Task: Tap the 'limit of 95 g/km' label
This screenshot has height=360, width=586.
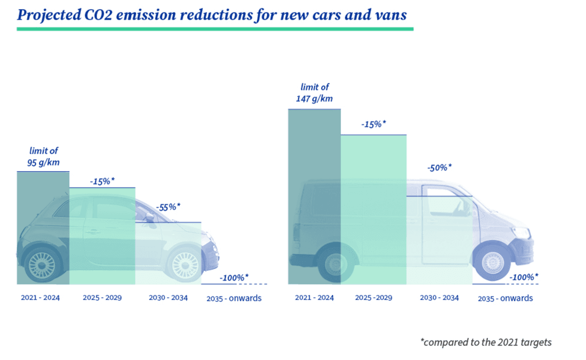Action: [x=43, y=156]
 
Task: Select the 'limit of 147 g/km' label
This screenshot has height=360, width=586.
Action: [x=314, y=93]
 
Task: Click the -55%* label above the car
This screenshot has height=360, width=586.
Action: [x=168, y=207]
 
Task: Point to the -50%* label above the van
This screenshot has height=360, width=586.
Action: [x=439, y=167]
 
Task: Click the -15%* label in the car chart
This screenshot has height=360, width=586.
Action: [x=102, y=180]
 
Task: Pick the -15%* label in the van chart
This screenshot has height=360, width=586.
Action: [x=373, y=124]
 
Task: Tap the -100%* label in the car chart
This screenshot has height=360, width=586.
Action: [x=234, y=277]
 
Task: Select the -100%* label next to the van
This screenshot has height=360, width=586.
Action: [x=524, y=277]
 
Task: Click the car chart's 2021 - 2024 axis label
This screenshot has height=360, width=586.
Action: [x=41, y=298]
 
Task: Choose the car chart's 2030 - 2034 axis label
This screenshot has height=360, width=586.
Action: [x=168, y=298]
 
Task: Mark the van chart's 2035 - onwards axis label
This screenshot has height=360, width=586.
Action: [x=505, y=298]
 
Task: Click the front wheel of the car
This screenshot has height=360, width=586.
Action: [x=186, y=264]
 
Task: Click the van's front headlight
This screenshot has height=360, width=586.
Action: [x=521, y=232]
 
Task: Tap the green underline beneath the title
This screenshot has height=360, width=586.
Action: [x=215, y=28]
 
